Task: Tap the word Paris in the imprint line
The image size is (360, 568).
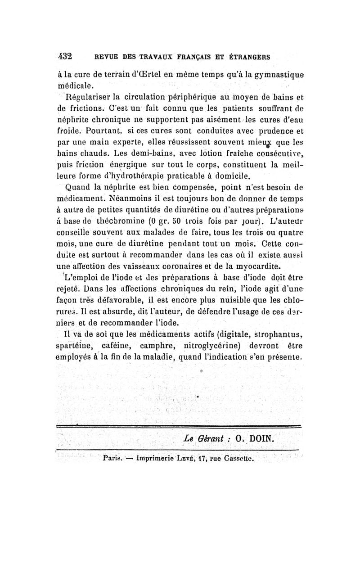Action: [x=111, y=460]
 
